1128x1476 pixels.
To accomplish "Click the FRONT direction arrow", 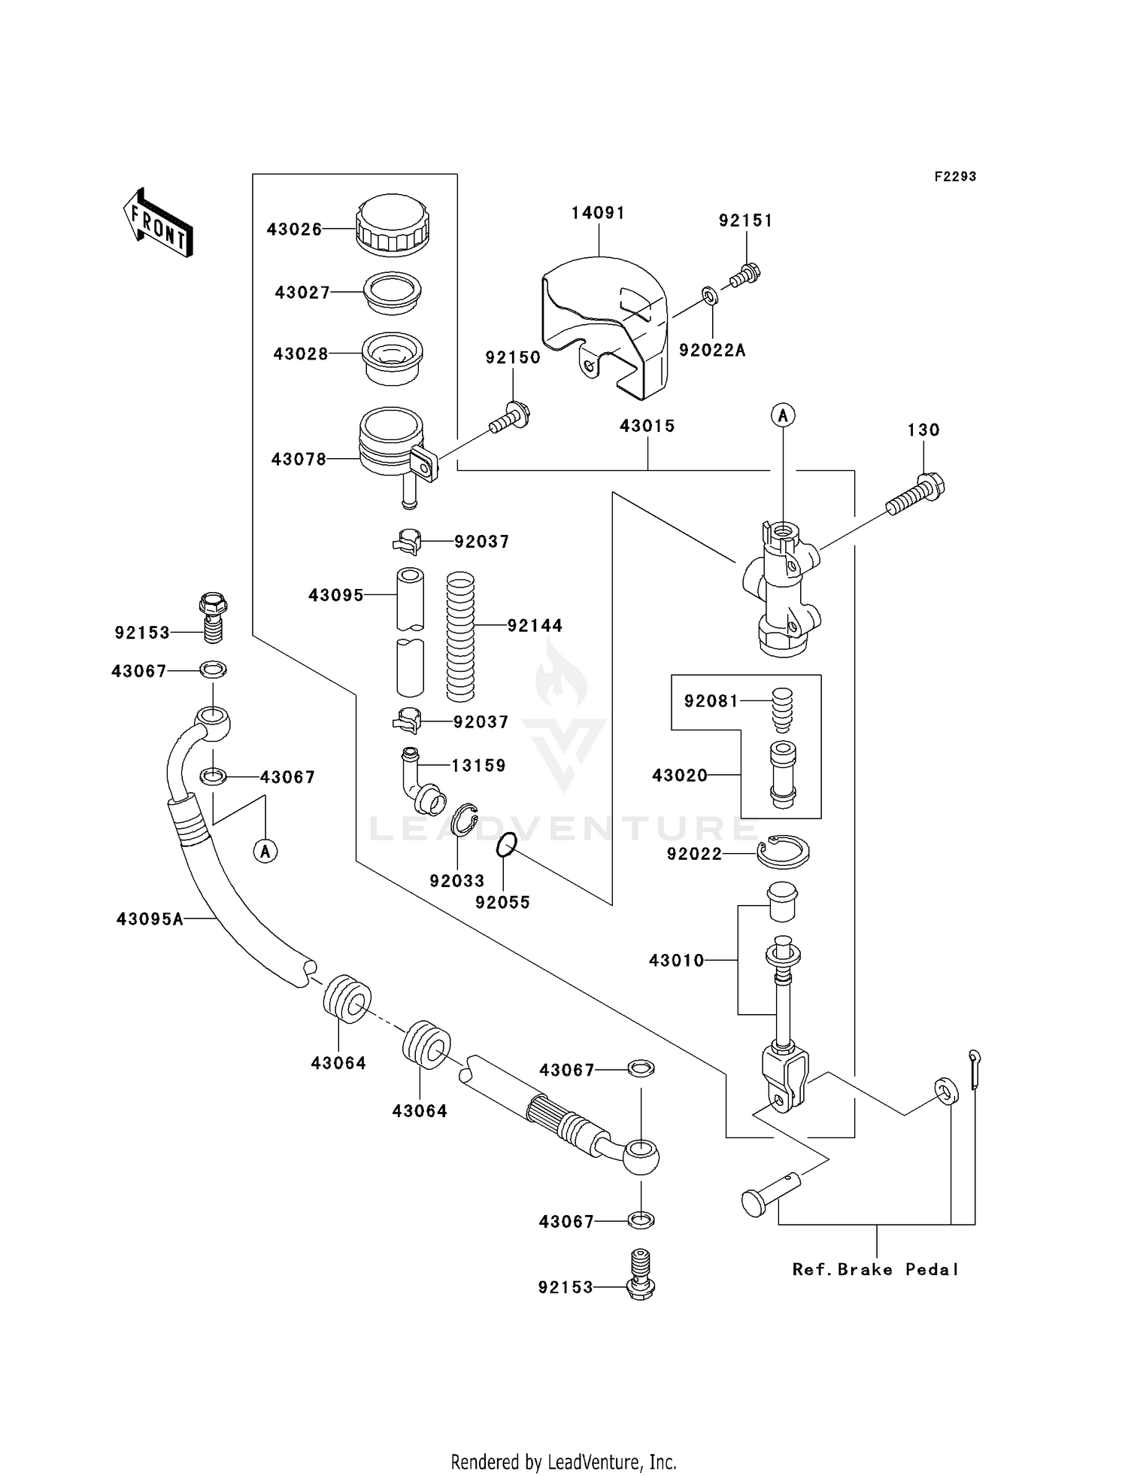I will (158, 223).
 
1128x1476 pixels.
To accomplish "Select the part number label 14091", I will (598, 213).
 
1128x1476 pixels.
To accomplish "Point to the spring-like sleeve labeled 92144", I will (460, 636).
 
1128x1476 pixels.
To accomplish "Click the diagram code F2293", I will (955, 177).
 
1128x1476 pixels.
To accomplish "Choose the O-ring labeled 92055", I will (506, 846).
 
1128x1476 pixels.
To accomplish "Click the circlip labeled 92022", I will (783, 852).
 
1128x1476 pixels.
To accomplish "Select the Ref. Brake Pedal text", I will (875, 1269).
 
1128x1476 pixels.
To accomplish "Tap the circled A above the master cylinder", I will (783, 415).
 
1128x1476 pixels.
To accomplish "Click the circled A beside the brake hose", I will (265, 851).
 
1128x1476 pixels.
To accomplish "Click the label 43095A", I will (150, 919).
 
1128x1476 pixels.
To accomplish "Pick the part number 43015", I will (647, 426).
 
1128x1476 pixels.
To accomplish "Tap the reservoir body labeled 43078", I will (391, 444).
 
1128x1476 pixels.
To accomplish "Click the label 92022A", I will (711, 351).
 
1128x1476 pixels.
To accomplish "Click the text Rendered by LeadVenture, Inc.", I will (563, 1461).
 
